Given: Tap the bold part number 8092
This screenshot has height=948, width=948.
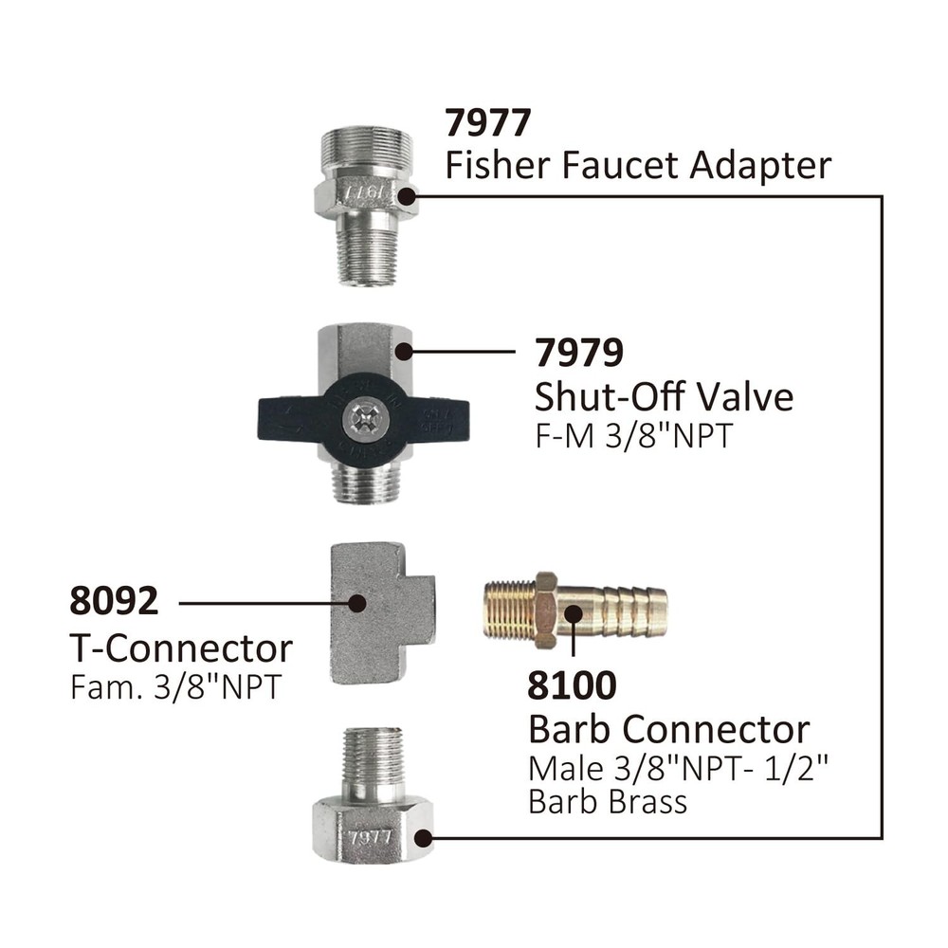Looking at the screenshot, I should tap(114, 602).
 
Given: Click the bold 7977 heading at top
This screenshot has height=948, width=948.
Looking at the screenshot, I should tap(489, 122).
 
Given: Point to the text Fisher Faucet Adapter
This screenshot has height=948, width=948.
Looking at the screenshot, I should tap(638, 166).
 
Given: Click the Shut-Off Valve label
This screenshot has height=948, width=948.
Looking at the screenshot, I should tap(664, 395).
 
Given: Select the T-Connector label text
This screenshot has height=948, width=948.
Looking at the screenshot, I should tap(181, 648).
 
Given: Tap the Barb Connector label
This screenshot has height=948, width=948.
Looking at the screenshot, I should tap(668, 729).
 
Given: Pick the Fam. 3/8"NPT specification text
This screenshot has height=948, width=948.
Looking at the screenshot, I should tap(175, 687).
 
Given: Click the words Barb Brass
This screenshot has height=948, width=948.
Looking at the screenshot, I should tap(607, 802).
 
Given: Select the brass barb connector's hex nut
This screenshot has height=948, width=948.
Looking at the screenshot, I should tap(545, 610).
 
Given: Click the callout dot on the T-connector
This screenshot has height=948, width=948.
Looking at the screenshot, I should tap(356, 602).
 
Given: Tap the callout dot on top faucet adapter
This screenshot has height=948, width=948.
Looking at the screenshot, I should tap(407, 196).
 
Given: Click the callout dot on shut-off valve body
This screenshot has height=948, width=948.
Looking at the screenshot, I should tap(403, 352).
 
